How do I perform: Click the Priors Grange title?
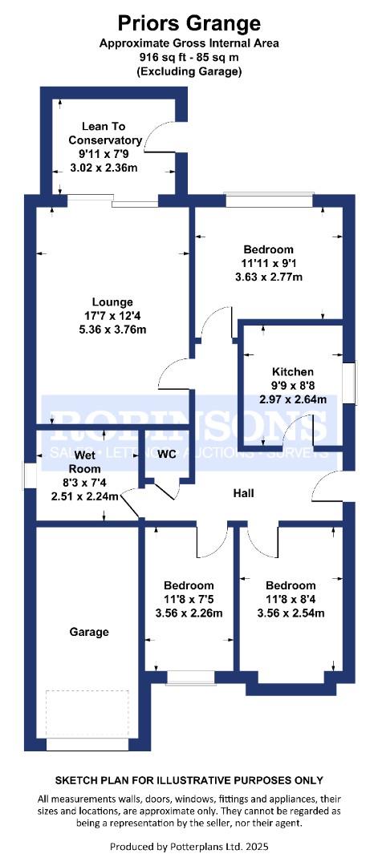(189, 24)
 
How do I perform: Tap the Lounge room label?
(112, 302)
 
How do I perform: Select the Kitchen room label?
(292, 372)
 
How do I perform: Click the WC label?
(166, 454)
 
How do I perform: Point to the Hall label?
(243, 492)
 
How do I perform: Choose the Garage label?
(89, 632)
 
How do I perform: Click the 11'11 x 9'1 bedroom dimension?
(268, 263)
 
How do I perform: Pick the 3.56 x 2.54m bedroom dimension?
(291, 613)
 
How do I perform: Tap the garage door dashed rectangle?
(87, 714)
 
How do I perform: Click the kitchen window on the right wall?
(351, 382)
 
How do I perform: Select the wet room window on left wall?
(28, 475)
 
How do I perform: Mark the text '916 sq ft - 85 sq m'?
(189, 57)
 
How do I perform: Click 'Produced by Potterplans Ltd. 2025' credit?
(189, 846)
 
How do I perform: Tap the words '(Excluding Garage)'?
(189, 71)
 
